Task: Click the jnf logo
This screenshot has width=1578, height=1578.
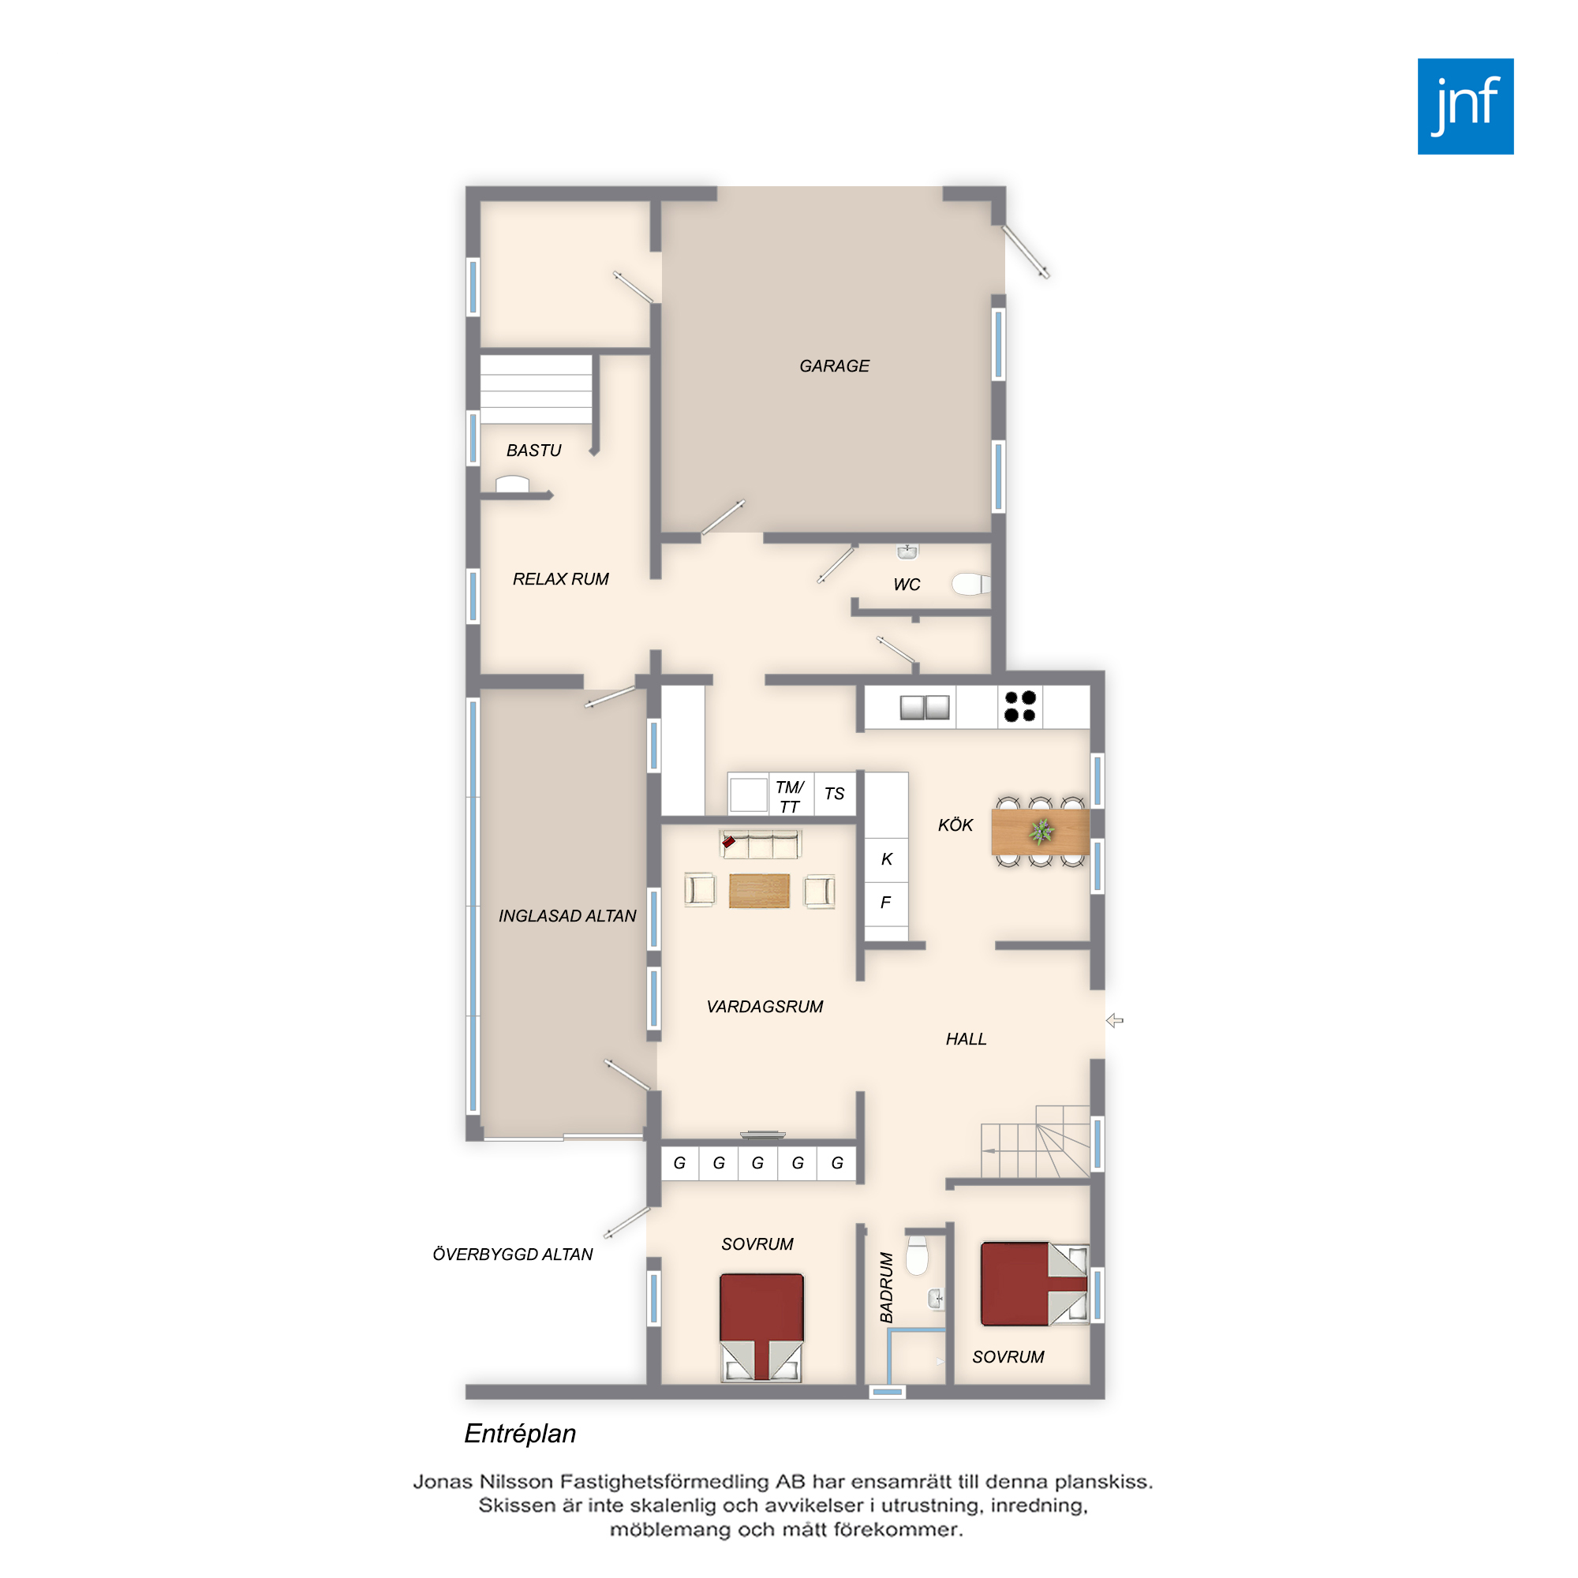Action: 1465,107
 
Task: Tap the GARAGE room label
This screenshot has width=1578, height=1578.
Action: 834,366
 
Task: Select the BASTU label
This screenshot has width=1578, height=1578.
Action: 533,450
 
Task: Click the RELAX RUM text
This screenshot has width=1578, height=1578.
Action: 560,579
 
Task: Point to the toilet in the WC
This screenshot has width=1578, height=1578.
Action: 971,583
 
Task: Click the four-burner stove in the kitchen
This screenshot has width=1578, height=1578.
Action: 1020,706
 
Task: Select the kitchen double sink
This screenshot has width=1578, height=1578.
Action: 925,707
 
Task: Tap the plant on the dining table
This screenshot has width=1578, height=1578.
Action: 1041,832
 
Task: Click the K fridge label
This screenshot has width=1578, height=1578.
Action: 886,859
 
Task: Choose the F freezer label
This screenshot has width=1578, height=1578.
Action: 885,903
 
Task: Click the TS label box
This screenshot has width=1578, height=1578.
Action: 835,793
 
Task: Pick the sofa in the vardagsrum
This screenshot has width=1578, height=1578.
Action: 761,843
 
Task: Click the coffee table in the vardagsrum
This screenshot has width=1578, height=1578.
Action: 759,890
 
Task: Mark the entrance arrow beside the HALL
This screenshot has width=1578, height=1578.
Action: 1115,1020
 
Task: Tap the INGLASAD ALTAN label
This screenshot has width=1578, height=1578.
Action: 567,916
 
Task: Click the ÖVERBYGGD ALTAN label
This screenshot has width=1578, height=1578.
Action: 512,1255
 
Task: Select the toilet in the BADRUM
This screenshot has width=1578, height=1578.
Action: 918,1255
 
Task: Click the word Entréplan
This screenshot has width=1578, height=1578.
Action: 520,1434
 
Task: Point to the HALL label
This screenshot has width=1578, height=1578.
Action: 967,1039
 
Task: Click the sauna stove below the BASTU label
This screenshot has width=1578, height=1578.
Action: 512,484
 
